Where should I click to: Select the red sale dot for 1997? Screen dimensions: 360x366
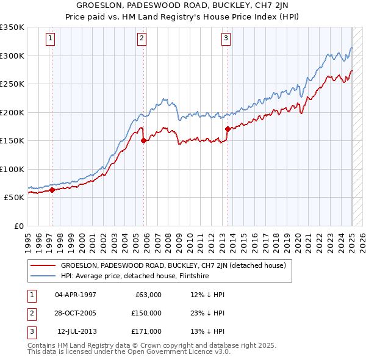point(52,190)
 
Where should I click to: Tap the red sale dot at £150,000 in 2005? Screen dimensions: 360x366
point(144,140)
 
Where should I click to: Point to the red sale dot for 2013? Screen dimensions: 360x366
point(228,129)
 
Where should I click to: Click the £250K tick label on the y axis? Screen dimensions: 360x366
point(12,84)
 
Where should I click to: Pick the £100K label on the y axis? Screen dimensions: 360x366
point(12,169)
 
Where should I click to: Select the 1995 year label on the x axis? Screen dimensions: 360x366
point(28,239)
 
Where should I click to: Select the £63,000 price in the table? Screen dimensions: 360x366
point(148,295)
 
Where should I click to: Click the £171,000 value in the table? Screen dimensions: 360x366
point(146,331)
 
